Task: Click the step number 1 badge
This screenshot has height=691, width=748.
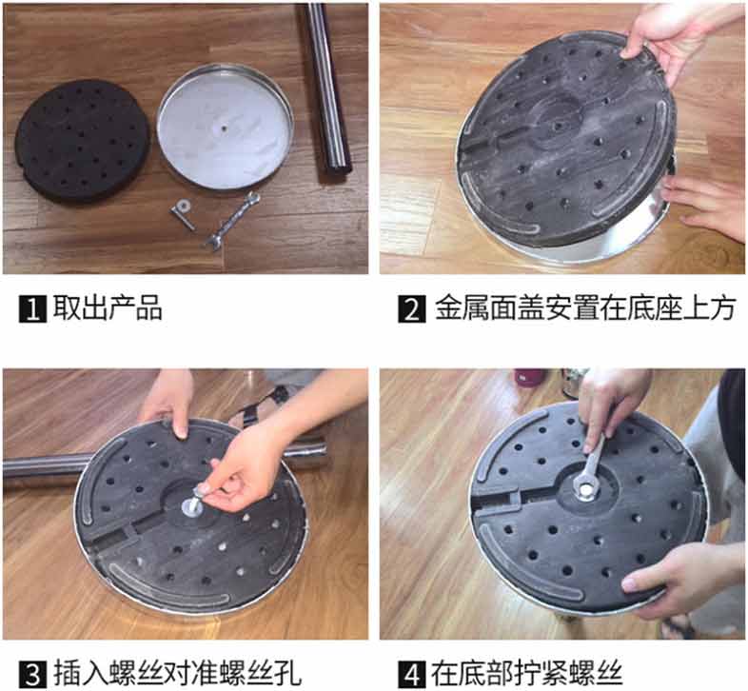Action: (32, 309)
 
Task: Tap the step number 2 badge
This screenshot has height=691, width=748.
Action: (412, 309)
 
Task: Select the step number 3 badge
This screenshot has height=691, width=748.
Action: (32, 674)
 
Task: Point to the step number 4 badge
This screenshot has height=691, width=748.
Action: (412, 674)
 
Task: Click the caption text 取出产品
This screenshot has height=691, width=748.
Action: (108, 308)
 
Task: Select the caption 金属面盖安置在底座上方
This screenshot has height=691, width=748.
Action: (585, 308)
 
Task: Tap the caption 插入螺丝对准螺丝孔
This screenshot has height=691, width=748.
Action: (177, 673)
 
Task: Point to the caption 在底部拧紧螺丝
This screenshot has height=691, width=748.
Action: (527, 673)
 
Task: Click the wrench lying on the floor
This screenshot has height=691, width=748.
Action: (233, 221)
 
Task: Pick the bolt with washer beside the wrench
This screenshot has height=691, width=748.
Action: (183, 214)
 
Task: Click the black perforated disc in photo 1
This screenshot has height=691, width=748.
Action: (82, 141)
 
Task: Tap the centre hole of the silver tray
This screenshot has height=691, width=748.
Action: (225, 128)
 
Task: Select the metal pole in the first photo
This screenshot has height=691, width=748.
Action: (329, 89)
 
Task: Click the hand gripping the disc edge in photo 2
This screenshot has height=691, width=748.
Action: (679, 38)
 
